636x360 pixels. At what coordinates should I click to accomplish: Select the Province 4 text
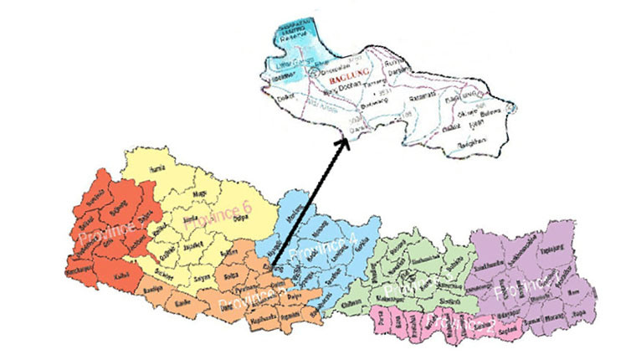point(322,247)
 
